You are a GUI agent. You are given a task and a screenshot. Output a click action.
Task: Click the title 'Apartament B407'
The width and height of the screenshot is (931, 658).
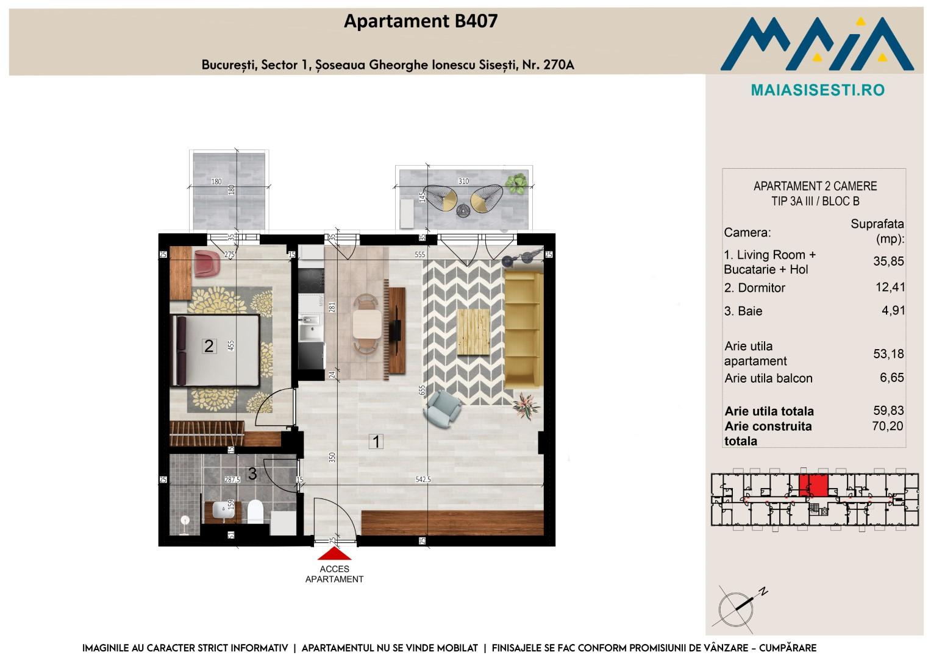(x=421, y=21)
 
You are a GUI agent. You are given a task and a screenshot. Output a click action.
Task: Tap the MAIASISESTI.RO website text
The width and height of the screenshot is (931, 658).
(x=818, y=90)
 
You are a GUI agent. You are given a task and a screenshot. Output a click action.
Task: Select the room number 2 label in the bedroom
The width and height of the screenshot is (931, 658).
(x=209, y=346)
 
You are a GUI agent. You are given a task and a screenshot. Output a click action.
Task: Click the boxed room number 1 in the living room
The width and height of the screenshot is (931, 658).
(x=376, y=442)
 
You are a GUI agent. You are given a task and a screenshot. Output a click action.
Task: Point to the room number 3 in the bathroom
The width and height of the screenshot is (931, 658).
(x=252, y=473)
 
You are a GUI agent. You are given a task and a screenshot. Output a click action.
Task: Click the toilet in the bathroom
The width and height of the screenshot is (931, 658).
(x=255, y=512)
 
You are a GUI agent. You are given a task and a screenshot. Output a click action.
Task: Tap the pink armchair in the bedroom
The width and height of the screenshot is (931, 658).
(x=207, y=263)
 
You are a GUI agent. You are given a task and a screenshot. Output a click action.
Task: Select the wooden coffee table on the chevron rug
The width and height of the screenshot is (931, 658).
(x=473, y=332)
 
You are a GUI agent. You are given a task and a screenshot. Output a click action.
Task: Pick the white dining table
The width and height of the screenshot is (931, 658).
(x=367, y=324)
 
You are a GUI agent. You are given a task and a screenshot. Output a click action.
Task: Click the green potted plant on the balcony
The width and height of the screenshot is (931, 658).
(x=516, y=183)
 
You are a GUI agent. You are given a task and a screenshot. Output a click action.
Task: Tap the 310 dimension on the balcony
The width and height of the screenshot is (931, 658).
(x=463, y=181)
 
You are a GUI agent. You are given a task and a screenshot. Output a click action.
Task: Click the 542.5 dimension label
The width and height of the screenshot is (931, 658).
(x=423, y=479)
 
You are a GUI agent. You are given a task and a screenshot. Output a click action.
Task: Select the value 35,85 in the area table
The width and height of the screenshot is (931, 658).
(x=888, y=261)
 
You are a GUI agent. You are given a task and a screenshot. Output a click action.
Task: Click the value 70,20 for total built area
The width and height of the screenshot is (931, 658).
(x=887, y=426)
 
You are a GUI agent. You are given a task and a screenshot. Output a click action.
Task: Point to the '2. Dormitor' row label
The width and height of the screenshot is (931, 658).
(x=754, y=288)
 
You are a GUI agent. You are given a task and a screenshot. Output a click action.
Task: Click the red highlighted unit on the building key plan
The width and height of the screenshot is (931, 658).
(x=814, y=486)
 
